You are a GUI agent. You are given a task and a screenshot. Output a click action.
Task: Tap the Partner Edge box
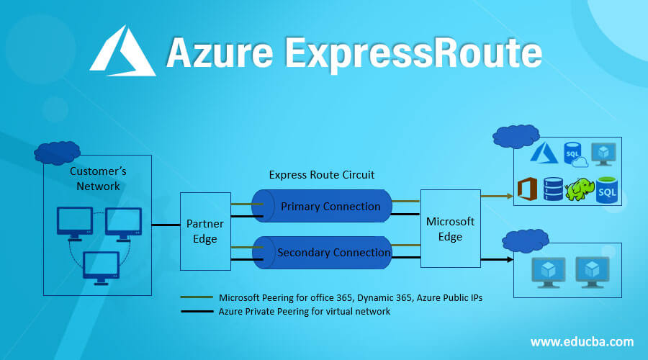coord(205,231)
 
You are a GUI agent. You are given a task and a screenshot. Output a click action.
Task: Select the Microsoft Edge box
coord(450,228)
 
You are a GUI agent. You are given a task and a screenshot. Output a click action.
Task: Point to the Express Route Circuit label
coord(321,174)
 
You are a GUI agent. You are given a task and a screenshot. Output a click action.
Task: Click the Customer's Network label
coord(97,179)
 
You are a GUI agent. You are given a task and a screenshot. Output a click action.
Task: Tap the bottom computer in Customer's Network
coord(100,267)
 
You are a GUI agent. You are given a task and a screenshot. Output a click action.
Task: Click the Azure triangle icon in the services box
coord(544,153)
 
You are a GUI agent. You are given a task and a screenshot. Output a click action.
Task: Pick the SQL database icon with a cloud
coord(575,153)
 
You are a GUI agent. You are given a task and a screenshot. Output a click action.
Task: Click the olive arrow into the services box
coord(497,194)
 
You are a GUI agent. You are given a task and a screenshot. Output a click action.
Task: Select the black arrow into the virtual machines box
coord(497,259)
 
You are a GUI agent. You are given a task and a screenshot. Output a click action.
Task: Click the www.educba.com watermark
coord(582,341)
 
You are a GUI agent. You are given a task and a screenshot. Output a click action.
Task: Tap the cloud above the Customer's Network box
coord(57,153)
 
